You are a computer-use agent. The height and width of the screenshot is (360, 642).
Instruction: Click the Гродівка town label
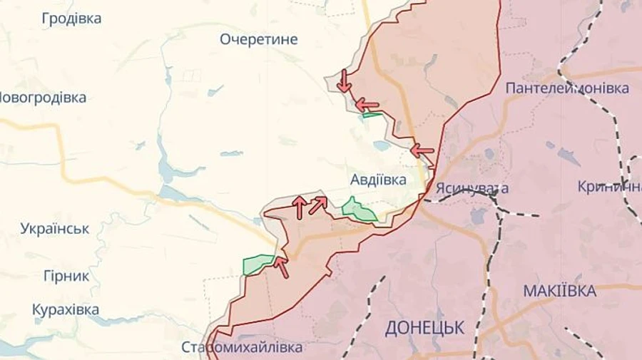(71, 19)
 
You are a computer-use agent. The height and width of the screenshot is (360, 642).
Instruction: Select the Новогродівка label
(43, 98)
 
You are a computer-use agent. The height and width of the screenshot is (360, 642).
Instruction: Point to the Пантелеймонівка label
(567, 88)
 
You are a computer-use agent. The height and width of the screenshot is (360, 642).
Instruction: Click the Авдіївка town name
(378, 180)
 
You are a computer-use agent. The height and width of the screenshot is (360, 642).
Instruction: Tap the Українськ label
(55, 229)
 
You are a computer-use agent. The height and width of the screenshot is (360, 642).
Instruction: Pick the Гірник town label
(66, 276)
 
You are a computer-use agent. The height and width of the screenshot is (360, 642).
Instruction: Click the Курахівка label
(66, 310)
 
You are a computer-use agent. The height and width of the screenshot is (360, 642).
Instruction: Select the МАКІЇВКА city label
(560, 291)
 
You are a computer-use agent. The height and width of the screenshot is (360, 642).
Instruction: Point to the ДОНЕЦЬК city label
(424, 328)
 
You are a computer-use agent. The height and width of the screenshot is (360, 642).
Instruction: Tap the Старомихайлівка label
(242, 348)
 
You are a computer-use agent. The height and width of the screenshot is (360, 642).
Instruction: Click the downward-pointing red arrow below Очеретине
(344, 81)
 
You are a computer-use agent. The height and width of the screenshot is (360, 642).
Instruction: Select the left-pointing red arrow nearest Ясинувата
(422, 151)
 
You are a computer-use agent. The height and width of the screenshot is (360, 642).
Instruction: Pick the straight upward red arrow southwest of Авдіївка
(300, 207)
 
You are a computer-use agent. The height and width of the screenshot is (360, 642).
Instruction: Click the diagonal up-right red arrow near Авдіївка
(318, 205)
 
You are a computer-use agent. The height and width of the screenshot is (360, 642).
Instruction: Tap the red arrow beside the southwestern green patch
(282, 267)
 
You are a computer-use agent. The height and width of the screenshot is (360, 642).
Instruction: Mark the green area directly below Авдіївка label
(358, 210)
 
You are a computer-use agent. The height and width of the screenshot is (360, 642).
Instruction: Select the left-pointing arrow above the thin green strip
(367, 104)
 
